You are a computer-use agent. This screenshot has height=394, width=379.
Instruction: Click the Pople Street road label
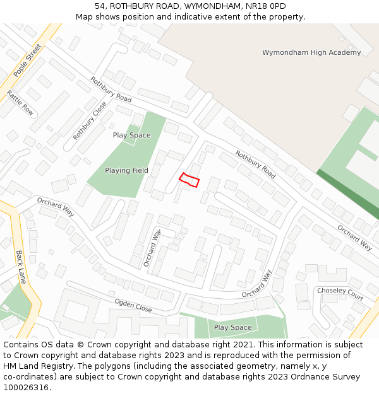(27, 60)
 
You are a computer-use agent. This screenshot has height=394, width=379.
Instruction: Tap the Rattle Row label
(20, 103)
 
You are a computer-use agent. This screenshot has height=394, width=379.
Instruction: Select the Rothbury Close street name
(90, 120)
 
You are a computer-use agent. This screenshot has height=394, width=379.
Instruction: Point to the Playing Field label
(127, 170)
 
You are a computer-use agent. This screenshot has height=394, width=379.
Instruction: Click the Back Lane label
(21, 267)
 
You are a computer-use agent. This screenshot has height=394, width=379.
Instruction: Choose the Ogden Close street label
(133, 306)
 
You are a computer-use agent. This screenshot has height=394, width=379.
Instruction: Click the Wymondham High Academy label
(311, 52)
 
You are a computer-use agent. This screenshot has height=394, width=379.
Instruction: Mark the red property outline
(189, 180)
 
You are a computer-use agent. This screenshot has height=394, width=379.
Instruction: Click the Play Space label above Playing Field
(131, 135)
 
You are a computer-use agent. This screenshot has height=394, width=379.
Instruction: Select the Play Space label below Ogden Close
(232, 327)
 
